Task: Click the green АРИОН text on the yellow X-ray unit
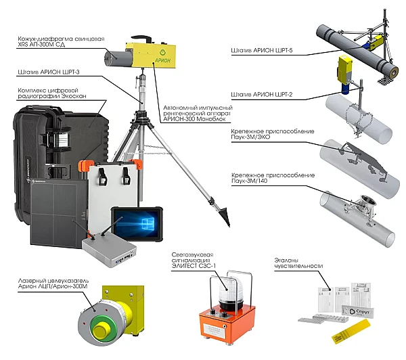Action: (x=163, y=60)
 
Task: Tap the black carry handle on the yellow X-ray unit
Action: (x=141, y=39)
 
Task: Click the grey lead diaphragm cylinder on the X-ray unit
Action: (x=116, y=58)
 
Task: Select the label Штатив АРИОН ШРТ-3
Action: (x=49, y=72)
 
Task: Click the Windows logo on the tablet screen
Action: (x=148, y=223)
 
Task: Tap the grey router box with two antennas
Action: (x=109, y=252)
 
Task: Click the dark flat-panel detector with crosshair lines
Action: (x=59, y=212)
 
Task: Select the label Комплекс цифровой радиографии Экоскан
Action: (x=52, y=93)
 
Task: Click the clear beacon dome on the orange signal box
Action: (x=231, y=291)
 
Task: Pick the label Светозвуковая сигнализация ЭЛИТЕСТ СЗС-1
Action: (x=194, y=261)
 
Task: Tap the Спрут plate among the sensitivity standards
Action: (x=358, y=311)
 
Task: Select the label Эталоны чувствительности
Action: (x=298, y=263)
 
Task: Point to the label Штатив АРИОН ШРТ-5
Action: (x=262, y=50)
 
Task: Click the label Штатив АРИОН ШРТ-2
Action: (x=262, y=95)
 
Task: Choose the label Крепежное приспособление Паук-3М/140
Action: (x=273, y=178)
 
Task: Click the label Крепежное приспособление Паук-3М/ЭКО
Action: (x=273, y=134)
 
